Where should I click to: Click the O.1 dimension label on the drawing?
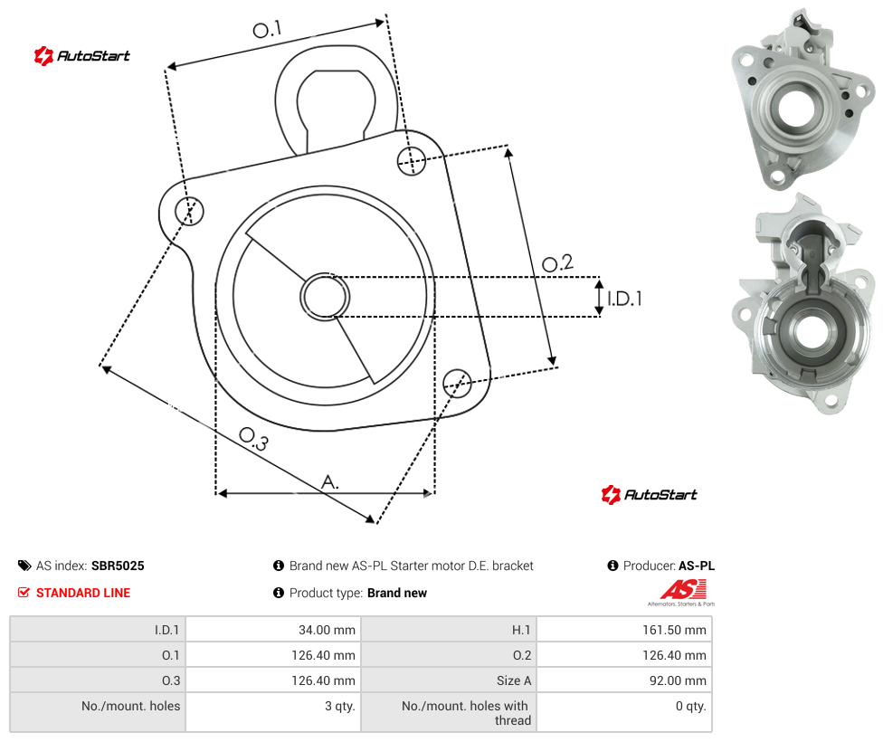(267, 29)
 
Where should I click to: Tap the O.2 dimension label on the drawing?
(557, 262)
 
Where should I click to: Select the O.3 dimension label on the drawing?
(254, 439)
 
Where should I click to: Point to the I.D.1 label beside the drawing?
(624, 298)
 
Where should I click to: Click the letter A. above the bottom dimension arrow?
(330, 481)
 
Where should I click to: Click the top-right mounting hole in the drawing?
(412, 160)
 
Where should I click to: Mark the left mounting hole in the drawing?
(189, 211)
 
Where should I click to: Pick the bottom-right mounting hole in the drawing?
(457, 383)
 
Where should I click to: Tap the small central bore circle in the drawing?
(325, 297)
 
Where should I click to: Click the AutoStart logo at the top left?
(82, 56)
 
